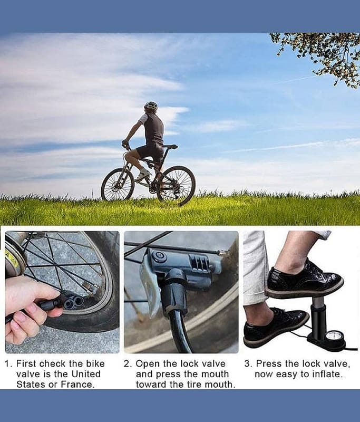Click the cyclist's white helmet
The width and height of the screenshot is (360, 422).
click(x=151, y=107)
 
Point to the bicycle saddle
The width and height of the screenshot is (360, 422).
click(x=170, y=147)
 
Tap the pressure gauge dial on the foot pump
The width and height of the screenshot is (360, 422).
click(x=334, y=338)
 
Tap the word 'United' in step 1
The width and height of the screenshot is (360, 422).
click(x=86, y=374)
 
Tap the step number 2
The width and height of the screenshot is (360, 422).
click(x=127, y=364)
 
